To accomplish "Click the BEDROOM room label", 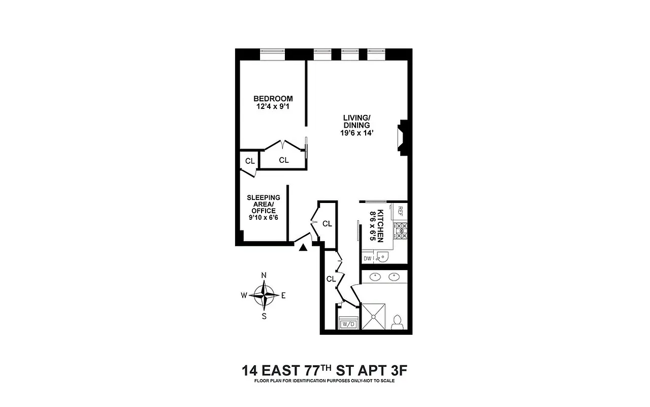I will coord(273,99).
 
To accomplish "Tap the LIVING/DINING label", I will coord(356,122).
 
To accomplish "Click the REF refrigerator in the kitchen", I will coord(400,211).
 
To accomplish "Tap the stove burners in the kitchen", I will coord(401,231).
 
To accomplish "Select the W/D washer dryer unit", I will coord(348,324).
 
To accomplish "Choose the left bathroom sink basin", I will coord(375,277).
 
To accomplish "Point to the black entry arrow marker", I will coord(303,248).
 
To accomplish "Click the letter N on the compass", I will coord(264,275).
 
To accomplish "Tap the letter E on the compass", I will coord(283,295).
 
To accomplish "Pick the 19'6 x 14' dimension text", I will coord(356,133).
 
